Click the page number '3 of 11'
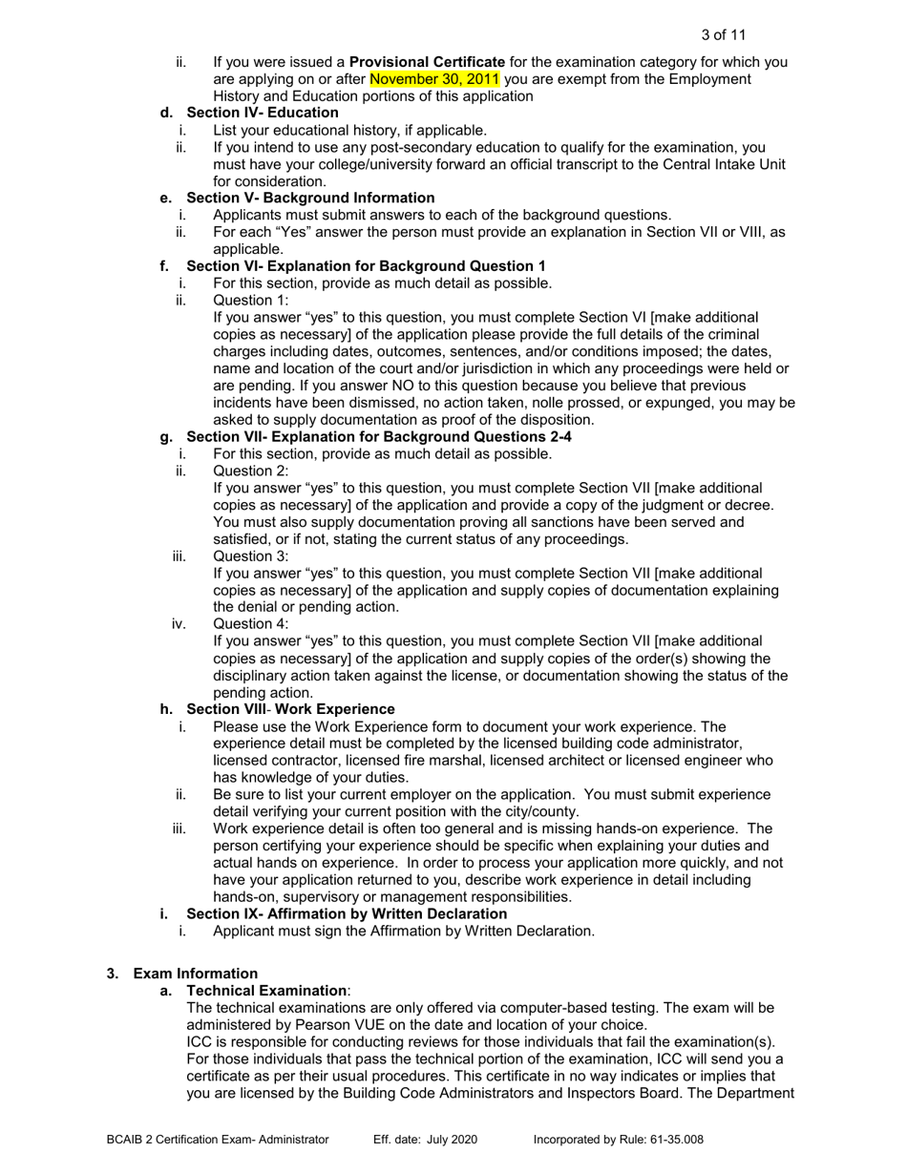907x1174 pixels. point(723,35)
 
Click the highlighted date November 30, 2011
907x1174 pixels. point(434,79)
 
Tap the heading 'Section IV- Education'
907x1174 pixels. point(263,113)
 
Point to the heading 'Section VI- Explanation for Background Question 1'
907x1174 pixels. point(366,265)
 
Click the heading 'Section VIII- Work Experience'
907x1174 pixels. point(290,709)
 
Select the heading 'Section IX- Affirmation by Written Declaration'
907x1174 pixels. point(347,913)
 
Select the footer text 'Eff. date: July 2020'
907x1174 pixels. point(425,1140)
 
